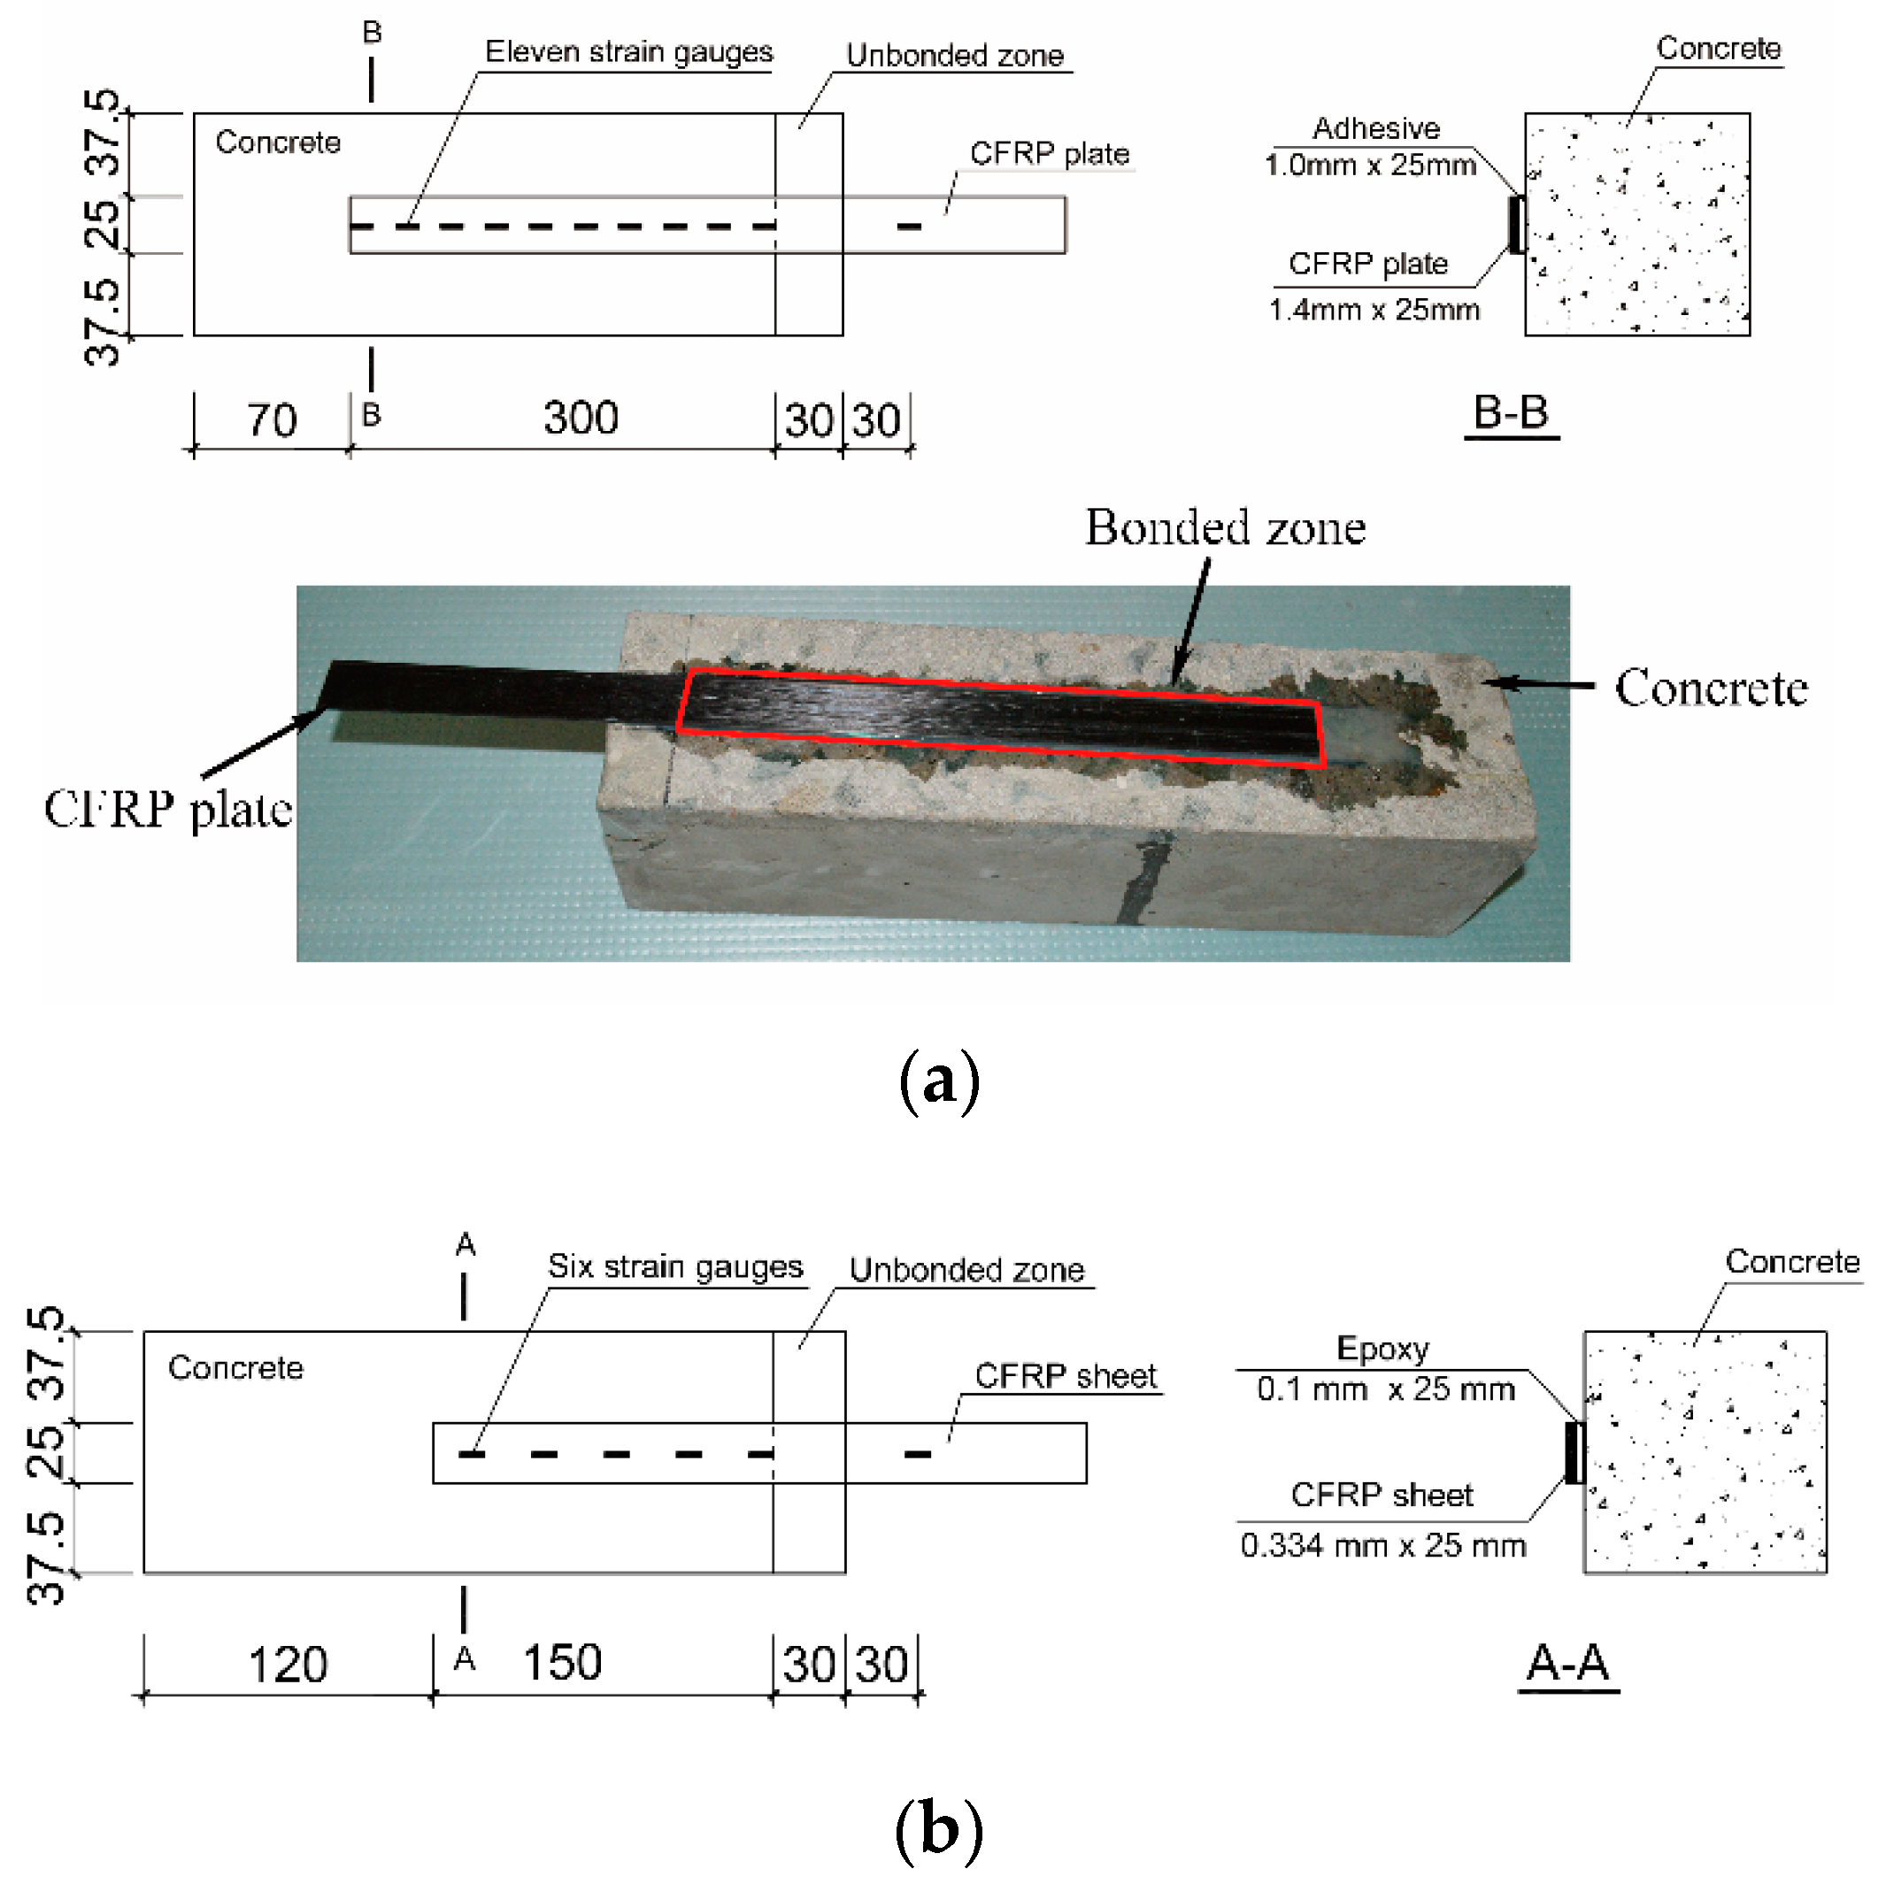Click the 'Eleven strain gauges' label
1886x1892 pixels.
628,52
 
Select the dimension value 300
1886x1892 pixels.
581,419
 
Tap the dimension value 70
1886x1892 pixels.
271,421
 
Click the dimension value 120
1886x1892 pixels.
287,1665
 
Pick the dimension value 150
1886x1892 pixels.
562,1663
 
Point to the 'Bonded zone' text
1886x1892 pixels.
1225,527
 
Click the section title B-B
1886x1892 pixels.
1510,413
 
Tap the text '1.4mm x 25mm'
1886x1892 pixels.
1374,311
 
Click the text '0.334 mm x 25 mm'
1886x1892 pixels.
1382,1545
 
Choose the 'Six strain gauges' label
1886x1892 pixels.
674,1266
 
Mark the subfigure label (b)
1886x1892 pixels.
938,1828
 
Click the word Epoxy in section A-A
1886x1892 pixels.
1382,1349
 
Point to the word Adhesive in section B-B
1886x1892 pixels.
1376,128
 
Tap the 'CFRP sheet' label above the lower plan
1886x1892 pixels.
1066,1376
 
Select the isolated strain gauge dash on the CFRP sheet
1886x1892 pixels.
918,1454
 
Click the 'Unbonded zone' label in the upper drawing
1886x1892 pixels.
955,56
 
